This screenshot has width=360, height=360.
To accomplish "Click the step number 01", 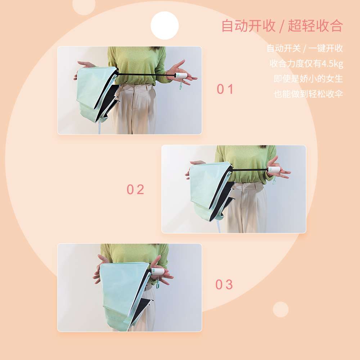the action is pos(225,89).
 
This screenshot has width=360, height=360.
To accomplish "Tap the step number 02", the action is pos(135,190).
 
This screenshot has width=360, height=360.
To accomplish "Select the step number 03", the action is pos(224,285).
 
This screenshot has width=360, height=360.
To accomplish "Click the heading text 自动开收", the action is pos(248,26).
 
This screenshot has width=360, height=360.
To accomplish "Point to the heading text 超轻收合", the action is pos(315,26).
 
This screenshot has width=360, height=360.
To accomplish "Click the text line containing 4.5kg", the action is pos(306,64).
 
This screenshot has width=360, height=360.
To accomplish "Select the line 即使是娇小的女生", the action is pos(308,78).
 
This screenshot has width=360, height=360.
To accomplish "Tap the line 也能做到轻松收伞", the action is pos(308,94).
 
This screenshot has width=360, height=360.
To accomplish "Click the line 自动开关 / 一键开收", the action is pos(305,48).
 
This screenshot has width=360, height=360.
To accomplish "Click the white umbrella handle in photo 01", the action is pos(181,76).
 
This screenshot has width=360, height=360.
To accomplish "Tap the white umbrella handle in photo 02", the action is pos(274,170).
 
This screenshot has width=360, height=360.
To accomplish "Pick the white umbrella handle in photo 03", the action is pos(158,271).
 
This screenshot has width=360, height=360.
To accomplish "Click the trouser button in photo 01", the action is pos(136,88).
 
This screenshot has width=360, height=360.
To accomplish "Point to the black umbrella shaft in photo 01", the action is pos(147,75).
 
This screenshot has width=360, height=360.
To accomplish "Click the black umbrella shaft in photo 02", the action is pos(250,170).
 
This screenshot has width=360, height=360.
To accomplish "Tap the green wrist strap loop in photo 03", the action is pos(158,284).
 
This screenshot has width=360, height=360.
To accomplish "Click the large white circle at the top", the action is pos(165,26).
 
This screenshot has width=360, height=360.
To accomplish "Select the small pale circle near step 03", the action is pos(280,310).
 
